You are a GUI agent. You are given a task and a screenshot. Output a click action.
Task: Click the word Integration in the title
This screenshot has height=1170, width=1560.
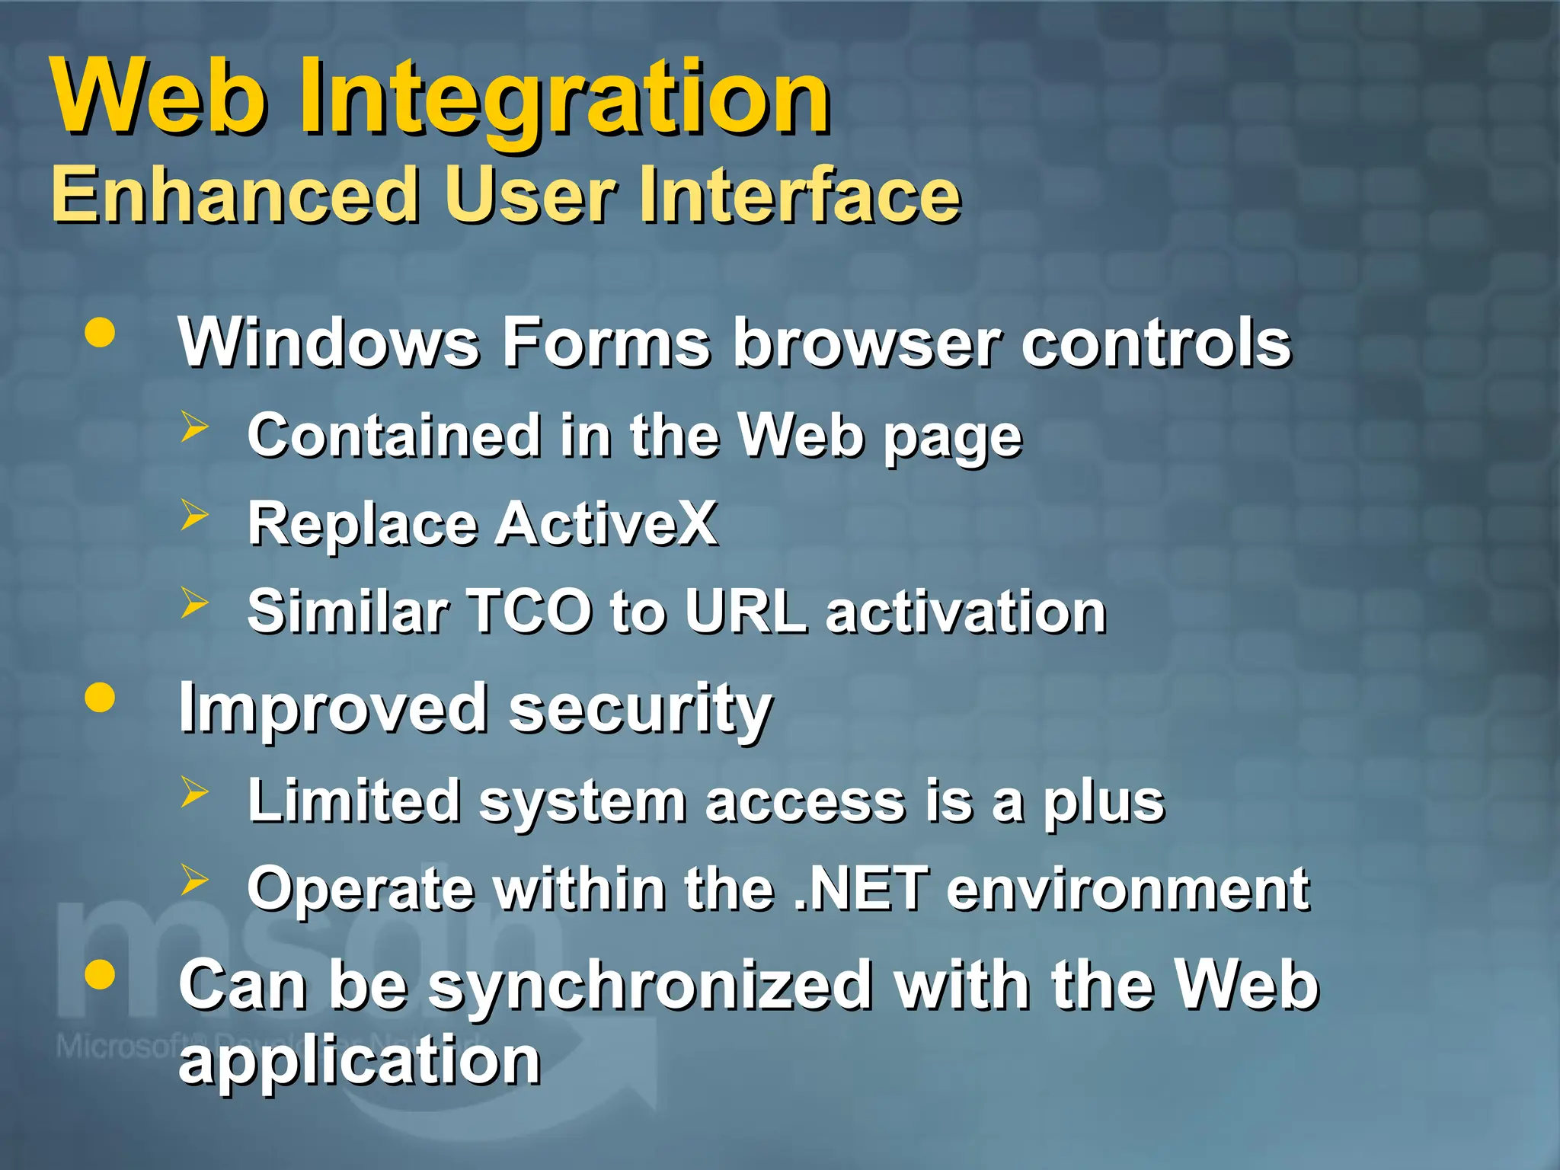pos(564,99)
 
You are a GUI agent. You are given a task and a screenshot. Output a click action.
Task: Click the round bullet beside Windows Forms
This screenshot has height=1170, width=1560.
pos(100,333)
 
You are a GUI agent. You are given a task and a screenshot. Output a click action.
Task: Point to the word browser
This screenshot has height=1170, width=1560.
pos(865,343)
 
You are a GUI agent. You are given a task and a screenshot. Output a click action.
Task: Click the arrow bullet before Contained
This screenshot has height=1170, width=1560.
pos(194,427)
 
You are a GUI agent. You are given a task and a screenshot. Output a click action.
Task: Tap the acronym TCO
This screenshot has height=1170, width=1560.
pos(529,612)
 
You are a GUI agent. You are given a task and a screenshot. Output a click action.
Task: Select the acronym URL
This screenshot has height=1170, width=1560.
pos(745,612)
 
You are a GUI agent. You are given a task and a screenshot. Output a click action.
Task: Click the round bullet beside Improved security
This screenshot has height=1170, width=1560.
pos(100,697)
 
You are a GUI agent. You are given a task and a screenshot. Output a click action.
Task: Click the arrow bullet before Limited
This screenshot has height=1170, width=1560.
pos(194,793)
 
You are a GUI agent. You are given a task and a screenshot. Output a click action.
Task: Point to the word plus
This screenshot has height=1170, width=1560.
pos(1104,803)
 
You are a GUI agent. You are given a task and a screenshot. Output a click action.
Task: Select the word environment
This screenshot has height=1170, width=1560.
pos(1127,889)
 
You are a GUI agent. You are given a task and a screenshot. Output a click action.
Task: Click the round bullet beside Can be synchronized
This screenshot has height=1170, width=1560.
pos(100,974)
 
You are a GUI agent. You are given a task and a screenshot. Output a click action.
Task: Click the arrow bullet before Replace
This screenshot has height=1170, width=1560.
pos(194,516)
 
